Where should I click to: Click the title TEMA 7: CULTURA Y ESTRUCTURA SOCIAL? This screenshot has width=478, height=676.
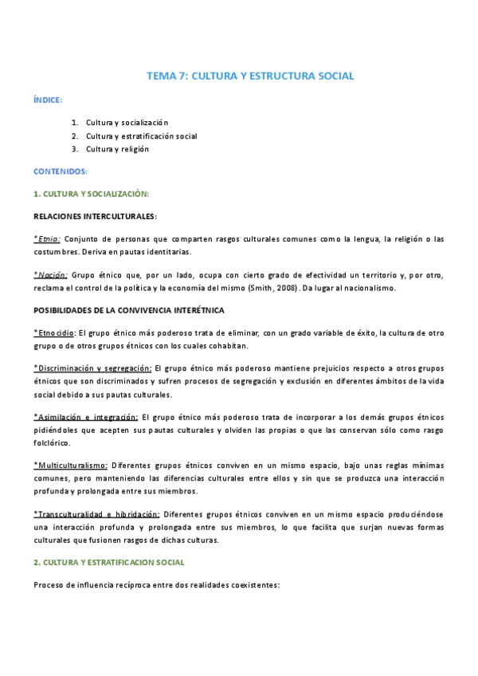[x=250, y=77]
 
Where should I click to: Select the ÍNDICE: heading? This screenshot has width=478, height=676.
[x=48, y=100]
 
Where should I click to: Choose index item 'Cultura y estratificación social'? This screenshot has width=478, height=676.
[x=142, y=136]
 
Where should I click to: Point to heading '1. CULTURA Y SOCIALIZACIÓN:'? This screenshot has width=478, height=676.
[x=91, y=194]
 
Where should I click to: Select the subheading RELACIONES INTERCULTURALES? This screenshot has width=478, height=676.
[x=95, y=216]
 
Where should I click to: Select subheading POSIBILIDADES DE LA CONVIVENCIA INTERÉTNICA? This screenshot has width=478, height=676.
[x=128, y=309]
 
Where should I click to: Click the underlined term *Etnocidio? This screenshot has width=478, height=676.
[x=54, y=332]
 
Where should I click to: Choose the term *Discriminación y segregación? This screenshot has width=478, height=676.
[x=92, y=368]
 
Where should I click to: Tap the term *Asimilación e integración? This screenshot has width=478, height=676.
[x=86, y=417]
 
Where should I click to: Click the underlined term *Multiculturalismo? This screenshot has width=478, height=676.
[x=71, y=465]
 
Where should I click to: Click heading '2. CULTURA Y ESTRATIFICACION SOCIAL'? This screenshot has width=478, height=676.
[x=109, y=562]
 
